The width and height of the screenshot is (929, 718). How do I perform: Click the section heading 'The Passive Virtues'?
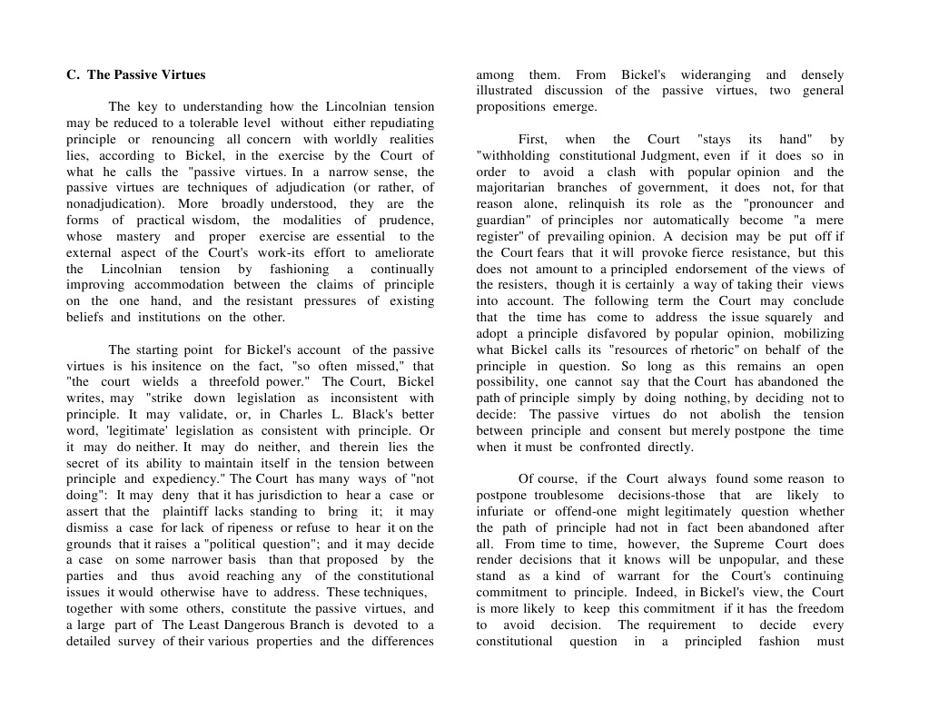tap(145, 75)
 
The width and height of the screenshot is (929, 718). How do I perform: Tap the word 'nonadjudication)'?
tap(117, 204)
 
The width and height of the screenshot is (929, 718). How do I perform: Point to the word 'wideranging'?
tap(712, 75)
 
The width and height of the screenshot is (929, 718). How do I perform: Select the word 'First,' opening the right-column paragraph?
tap(533, 140)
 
